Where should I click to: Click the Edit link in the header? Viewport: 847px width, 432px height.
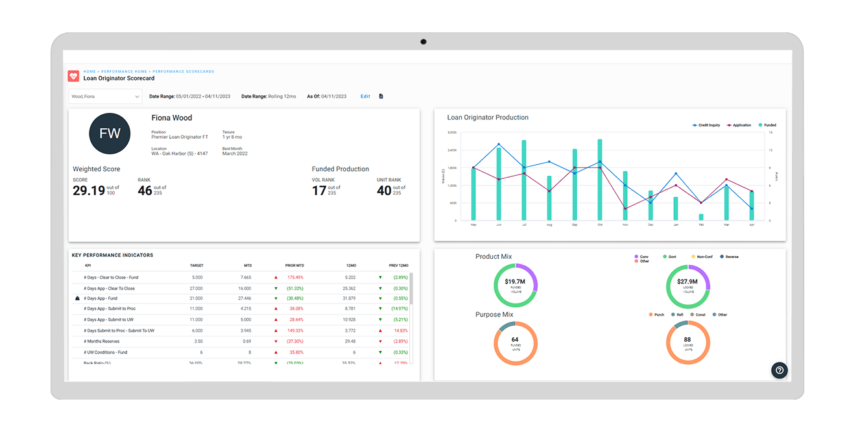pos(365,97)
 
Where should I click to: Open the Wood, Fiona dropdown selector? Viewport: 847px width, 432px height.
pos(105,97)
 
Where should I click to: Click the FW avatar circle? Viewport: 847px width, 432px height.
pos(110,134)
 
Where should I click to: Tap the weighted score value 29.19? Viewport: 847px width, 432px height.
pos(89,190)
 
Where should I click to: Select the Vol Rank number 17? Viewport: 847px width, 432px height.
pos(318,190)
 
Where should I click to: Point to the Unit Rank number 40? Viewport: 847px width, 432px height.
pos(384,190)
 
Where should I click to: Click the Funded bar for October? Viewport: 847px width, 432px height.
pos(599,180)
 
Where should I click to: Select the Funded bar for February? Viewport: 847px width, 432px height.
pos(701,217)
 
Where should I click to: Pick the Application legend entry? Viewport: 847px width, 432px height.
pos(739,125)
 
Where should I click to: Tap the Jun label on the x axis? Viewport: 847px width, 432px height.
pos(498,225)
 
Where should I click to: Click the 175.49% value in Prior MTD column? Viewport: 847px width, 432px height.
pos(294,278)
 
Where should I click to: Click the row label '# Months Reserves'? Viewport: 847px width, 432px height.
pos(102,341)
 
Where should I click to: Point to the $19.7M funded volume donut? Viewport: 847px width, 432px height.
pos(515,285)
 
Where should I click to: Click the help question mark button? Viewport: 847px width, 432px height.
pos(780,370)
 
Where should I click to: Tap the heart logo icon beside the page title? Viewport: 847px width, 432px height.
pos(73,76)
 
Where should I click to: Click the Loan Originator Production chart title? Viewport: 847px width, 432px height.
pos(488,118)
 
